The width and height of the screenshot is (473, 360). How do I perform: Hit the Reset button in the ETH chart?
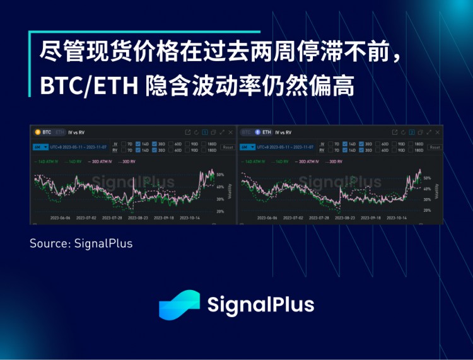pyautogui.click(x=435, y=147)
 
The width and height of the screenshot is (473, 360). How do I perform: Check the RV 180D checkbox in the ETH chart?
pyautogui.click(x=410, y=151)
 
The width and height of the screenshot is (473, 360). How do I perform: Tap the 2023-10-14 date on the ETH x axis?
pyautogui.click(x=395, y=218)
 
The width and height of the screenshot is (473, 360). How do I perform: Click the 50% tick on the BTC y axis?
pyautogui.click(x=220, y=174)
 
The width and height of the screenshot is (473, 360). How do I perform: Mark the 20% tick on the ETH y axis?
pyautogui.click(x=427, y=210)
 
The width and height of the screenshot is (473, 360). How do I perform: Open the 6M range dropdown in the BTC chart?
pyautogui.click(x=38, y=147)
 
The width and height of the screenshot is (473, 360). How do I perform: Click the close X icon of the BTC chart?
pyautogui.click(x=230, y=132)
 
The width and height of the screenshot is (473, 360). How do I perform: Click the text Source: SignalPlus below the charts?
pyautogui.click(x=81, y=243)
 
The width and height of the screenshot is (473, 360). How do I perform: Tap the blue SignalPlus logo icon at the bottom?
pyautogui.click(x=179, y=305)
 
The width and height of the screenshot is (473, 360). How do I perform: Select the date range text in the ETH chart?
pyautogui.click(x=288, y=147)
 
